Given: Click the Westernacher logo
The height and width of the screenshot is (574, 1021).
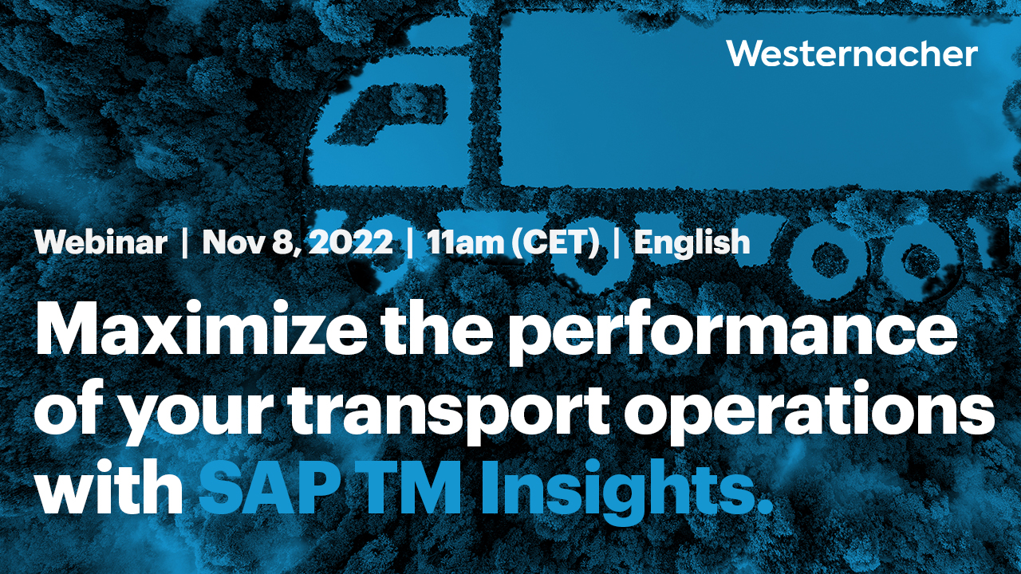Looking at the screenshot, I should click(x=852, y=54).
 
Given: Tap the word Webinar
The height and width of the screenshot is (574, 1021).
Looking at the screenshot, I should click(x=101, y=242).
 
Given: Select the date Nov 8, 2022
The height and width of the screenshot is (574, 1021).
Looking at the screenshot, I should click(x=298, y=242).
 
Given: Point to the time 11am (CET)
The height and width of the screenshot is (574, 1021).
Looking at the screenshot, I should click(x=513, y=242).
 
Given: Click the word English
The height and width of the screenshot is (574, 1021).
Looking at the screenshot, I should click(x=692, y=242).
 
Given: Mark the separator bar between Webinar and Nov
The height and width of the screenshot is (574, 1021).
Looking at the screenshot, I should click(x=185, y=242).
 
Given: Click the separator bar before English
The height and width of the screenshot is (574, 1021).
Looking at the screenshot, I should click(x=616, y=242).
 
